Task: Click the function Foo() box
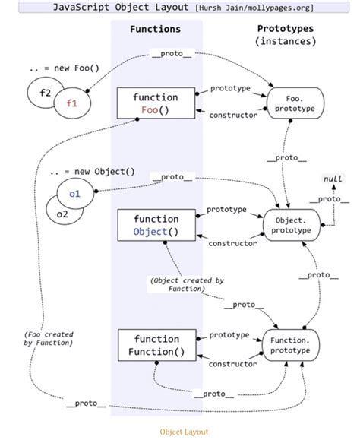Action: [155, 104]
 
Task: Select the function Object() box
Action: [155, 226]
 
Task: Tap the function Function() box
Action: [155, 345]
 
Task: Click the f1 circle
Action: [73, 103]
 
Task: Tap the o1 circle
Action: [74, 195]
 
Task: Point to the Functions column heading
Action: [155, 29]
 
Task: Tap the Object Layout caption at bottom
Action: [183, 431]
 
